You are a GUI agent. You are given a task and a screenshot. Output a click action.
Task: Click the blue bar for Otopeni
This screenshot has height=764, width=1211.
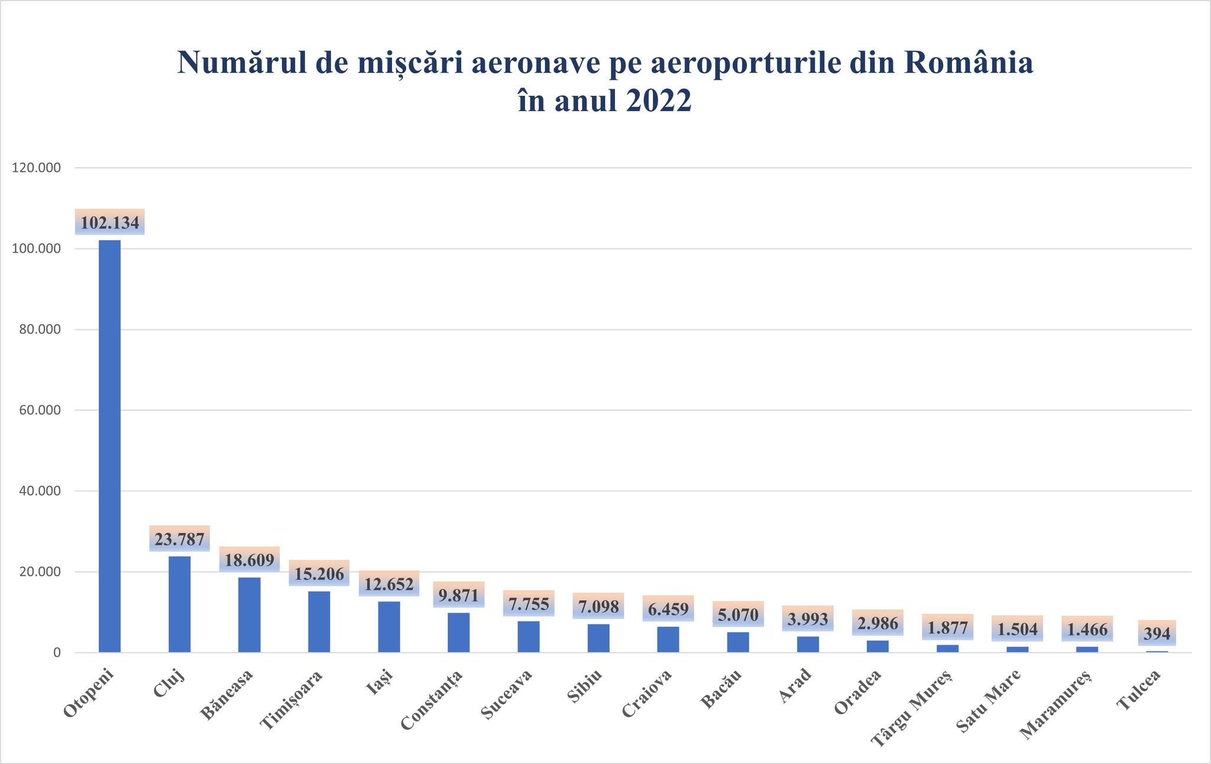tap(109, 446)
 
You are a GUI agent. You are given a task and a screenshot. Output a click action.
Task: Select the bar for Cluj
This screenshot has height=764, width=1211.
tap(179, 604)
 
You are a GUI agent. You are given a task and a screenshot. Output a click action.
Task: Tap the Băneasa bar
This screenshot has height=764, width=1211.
tap(249, 614)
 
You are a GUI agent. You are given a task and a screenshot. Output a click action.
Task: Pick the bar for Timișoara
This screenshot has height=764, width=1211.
tap(319, 621)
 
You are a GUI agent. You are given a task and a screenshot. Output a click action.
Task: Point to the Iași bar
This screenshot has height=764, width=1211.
tap(389, 627)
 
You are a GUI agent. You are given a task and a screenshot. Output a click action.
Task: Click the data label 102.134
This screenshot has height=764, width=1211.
tap(110, 223)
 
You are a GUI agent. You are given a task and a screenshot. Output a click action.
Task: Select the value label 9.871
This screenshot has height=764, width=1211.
tap(459, 595)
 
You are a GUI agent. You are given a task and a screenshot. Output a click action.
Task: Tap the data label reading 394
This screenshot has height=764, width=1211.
tap(1157, 634)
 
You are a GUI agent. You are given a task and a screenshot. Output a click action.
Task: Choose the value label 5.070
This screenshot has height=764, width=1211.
tap(738, 615)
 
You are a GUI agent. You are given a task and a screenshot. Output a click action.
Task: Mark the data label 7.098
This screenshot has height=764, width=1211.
tap(598, 607)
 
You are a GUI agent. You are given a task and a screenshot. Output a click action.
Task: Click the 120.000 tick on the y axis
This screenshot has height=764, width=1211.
tap(36, 168)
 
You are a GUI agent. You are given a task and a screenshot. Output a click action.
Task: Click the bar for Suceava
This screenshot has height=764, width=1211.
tap(529, 636)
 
